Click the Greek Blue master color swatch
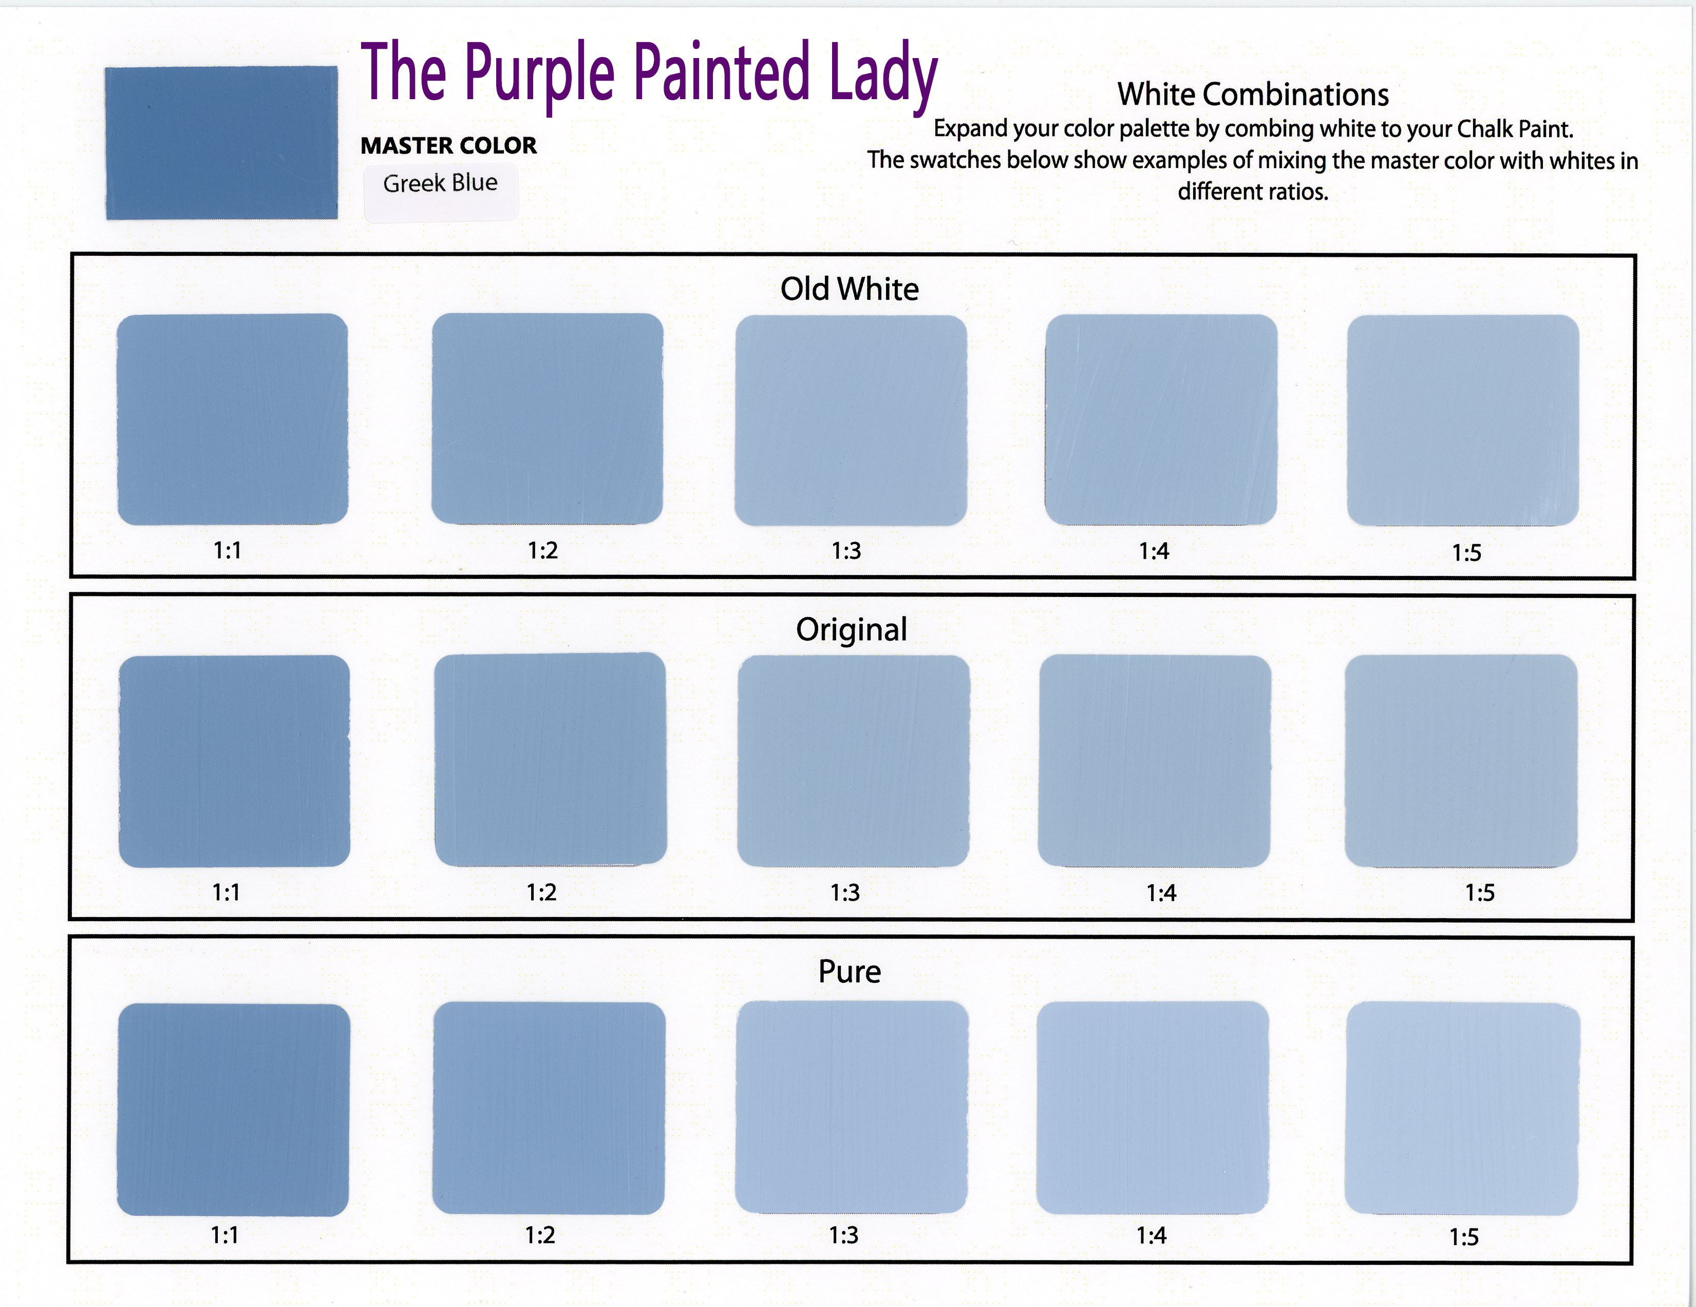(221, 143)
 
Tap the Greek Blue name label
(440, 183)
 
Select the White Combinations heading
(1253, 95)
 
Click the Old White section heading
(850, 289)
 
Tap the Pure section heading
(850, 972)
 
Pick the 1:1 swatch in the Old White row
(232, 419)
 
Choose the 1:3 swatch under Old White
(851, 420)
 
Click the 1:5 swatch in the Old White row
(1463, 420)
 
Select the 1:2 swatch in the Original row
(550, 759)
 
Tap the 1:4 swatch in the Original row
(1155, 761)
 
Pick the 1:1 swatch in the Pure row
(233, 1110)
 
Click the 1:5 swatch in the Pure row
(1462, 1109)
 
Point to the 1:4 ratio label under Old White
(1154, 551)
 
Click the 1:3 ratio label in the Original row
(845, 892)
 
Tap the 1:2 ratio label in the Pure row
(540, 1235)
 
